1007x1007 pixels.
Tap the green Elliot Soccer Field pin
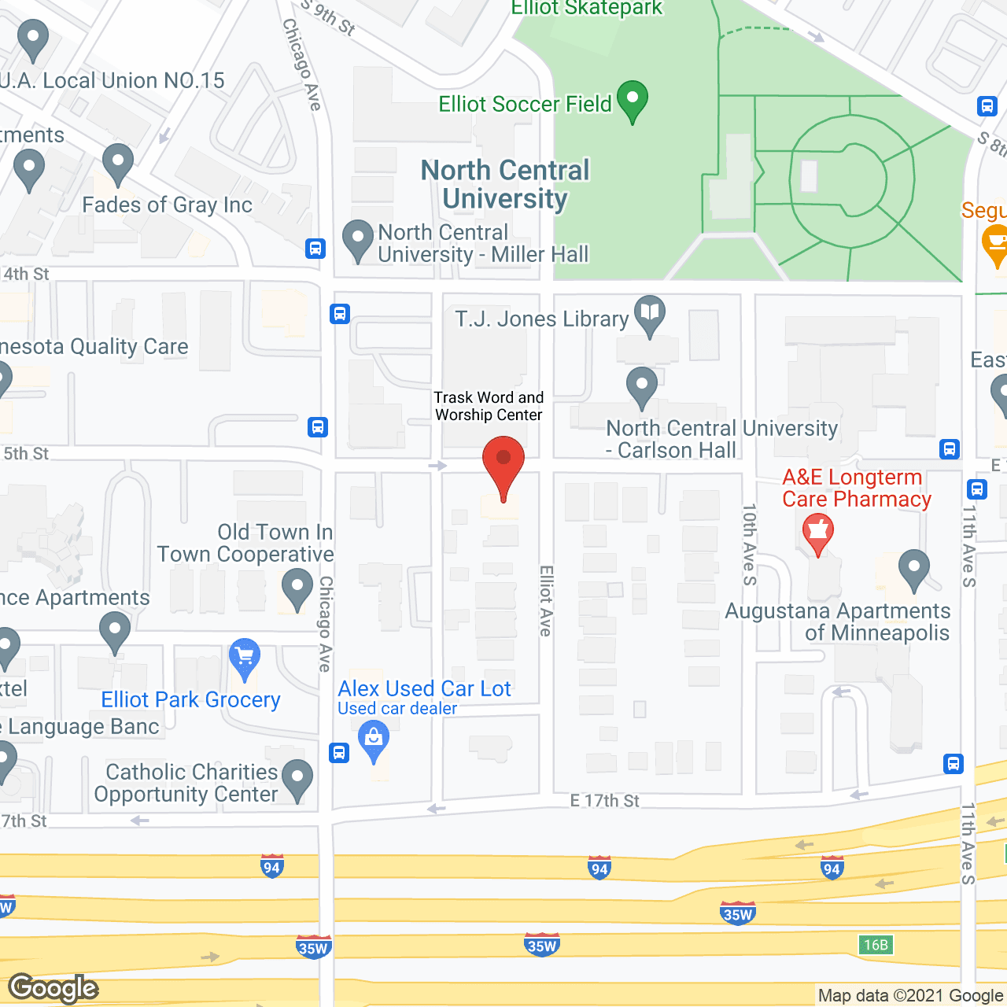633,100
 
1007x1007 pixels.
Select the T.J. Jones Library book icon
650,315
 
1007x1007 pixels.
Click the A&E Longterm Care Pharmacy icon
818,533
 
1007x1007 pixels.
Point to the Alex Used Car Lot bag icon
374,741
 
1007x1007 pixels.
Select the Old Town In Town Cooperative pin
297,588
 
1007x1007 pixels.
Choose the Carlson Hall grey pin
642,387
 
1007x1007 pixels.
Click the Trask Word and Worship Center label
489,406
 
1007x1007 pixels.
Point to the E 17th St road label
604,801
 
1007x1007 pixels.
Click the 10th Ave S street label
750,544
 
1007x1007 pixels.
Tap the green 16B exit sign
876,945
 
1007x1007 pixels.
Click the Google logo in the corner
53,988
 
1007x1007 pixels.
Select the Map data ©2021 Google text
910,996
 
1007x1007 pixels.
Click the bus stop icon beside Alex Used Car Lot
339,753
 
